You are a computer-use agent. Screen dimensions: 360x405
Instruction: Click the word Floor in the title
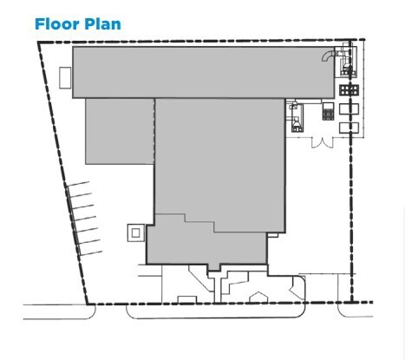[x=54, y=23]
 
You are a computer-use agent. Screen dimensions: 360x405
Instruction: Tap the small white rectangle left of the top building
[x=65, y=76]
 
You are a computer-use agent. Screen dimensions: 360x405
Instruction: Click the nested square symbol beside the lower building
[x=135, y=232]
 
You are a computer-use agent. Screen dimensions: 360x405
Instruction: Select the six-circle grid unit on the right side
[x=349, y=89]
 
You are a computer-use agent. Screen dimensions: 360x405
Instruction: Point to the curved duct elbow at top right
[x=328, y=55]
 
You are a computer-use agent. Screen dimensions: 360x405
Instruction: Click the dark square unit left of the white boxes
[x=328, y=112]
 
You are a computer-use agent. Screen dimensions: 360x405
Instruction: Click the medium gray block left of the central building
[x=119, y=130]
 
